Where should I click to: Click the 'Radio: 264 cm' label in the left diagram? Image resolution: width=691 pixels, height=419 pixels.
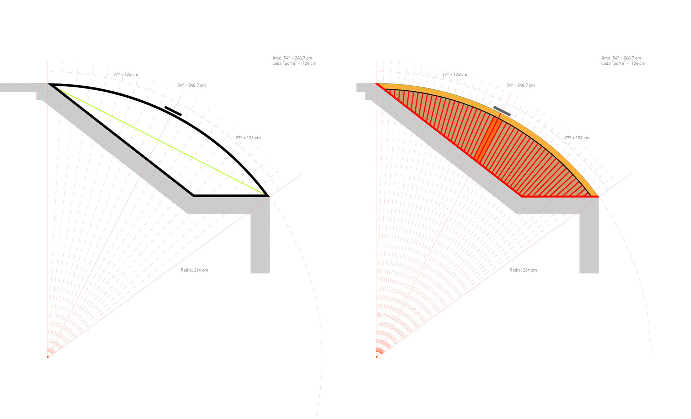click(194, 270)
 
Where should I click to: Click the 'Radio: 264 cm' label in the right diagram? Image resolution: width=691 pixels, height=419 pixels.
click(523, 270)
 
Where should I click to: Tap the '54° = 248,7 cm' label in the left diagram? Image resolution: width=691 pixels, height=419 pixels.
click(191, 85)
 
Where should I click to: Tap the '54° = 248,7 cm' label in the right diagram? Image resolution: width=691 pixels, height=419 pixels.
click(520, 85)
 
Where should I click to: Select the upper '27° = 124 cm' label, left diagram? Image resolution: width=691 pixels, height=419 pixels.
click(126, 74)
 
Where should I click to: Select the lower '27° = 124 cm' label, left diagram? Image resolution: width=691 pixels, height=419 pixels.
click(248, 138)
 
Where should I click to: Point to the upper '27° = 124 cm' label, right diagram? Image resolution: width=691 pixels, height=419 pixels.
click(455, 74)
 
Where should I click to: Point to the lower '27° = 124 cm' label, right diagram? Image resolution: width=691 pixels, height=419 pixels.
click(577, 138)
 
